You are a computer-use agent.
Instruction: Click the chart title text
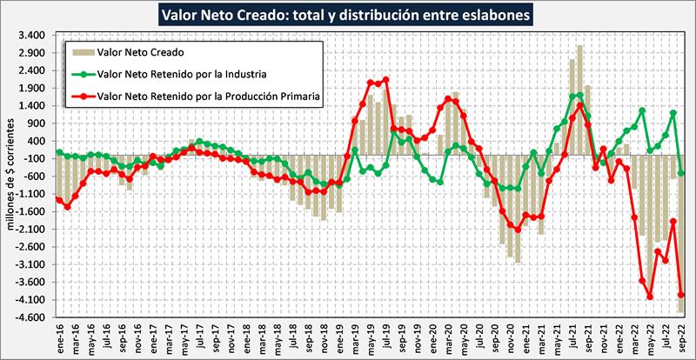pyautogui.click(x=347, y=14)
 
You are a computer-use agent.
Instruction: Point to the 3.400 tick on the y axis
pyautogui.click(x=30, y=36)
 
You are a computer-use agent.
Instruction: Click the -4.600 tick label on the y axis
pyautogui.click(x=30, y=317)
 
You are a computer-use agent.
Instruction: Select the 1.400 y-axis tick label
pyautogui.click(x=30, y=106)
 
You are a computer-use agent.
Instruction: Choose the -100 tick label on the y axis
pyautogui.click(x=33, y=159)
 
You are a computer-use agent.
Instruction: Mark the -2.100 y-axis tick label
pyautogui.click(x=30, y=230)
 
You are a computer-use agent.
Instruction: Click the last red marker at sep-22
pyautogui.click(x=681, y=295)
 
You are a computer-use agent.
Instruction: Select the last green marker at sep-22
pyautogui.click(x=681, y=173)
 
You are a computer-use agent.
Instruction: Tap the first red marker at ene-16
pyautogui.click(x=59, y=200)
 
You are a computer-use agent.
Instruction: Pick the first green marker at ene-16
pyautogui.click(x=59, y=152)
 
